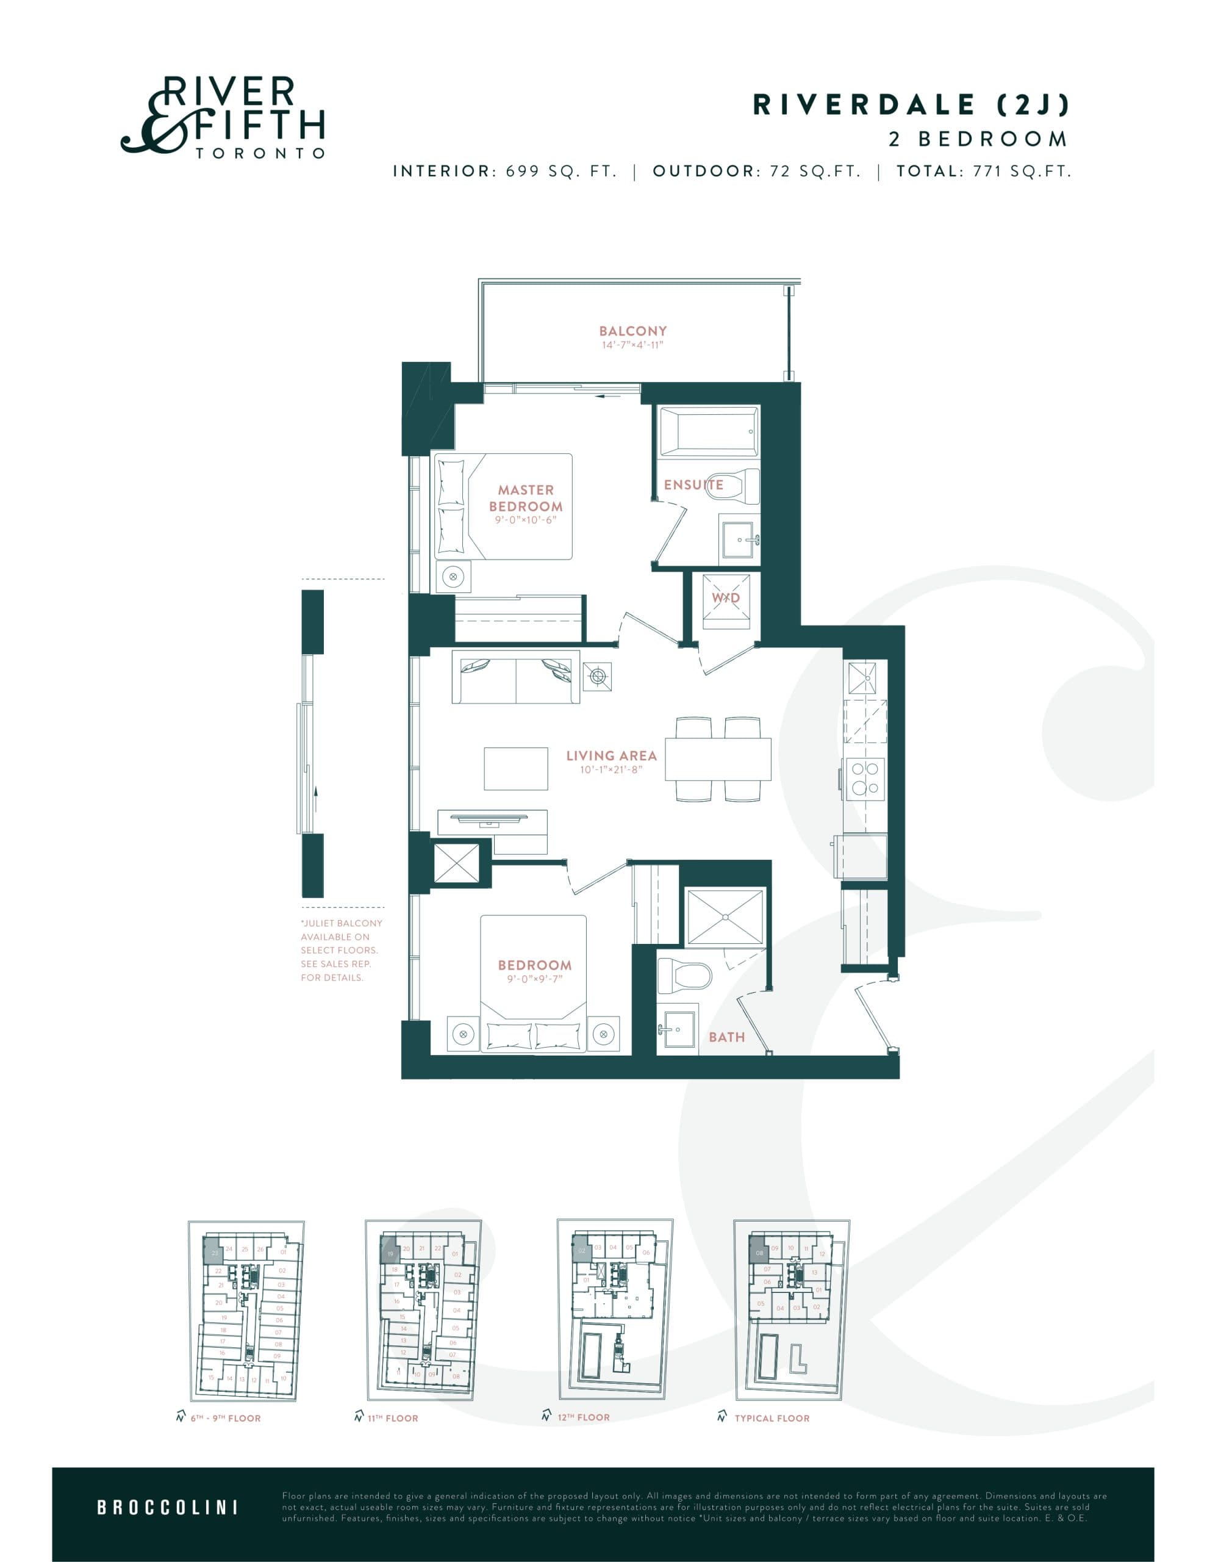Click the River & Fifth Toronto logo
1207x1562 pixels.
pos(223,117)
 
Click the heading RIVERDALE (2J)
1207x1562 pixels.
pos(910,105)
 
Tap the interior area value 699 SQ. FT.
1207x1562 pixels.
pos(561,171)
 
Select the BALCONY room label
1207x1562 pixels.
pos(633,331)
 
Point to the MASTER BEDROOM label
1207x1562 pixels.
pos(526,498)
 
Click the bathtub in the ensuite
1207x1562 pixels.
pos(708,431)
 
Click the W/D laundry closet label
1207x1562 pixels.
pos(726,598)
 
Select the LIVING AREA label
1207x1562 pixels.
pos(611,755)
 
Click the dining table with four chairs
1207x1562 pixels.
pos(718,759)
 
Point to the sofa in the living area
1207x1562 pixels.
pos(515,677)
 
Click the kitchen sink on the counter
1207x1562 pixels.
pos(862,678)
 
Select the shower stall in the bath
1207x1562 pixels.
pos(725,918)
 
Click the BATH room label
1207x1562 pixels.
pos(726,1037)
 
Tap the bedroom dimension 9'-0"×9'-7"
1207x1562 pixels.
pos(535,979)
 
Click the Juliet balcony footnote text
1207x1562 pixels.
pos(341,950)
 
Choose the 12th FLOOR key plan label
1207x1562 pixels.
pos(584,1417)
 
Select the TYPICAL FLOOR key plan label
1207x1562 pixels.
pos(772,1418)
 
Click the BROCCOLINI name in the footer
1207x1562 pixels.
pos(167,1508)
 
